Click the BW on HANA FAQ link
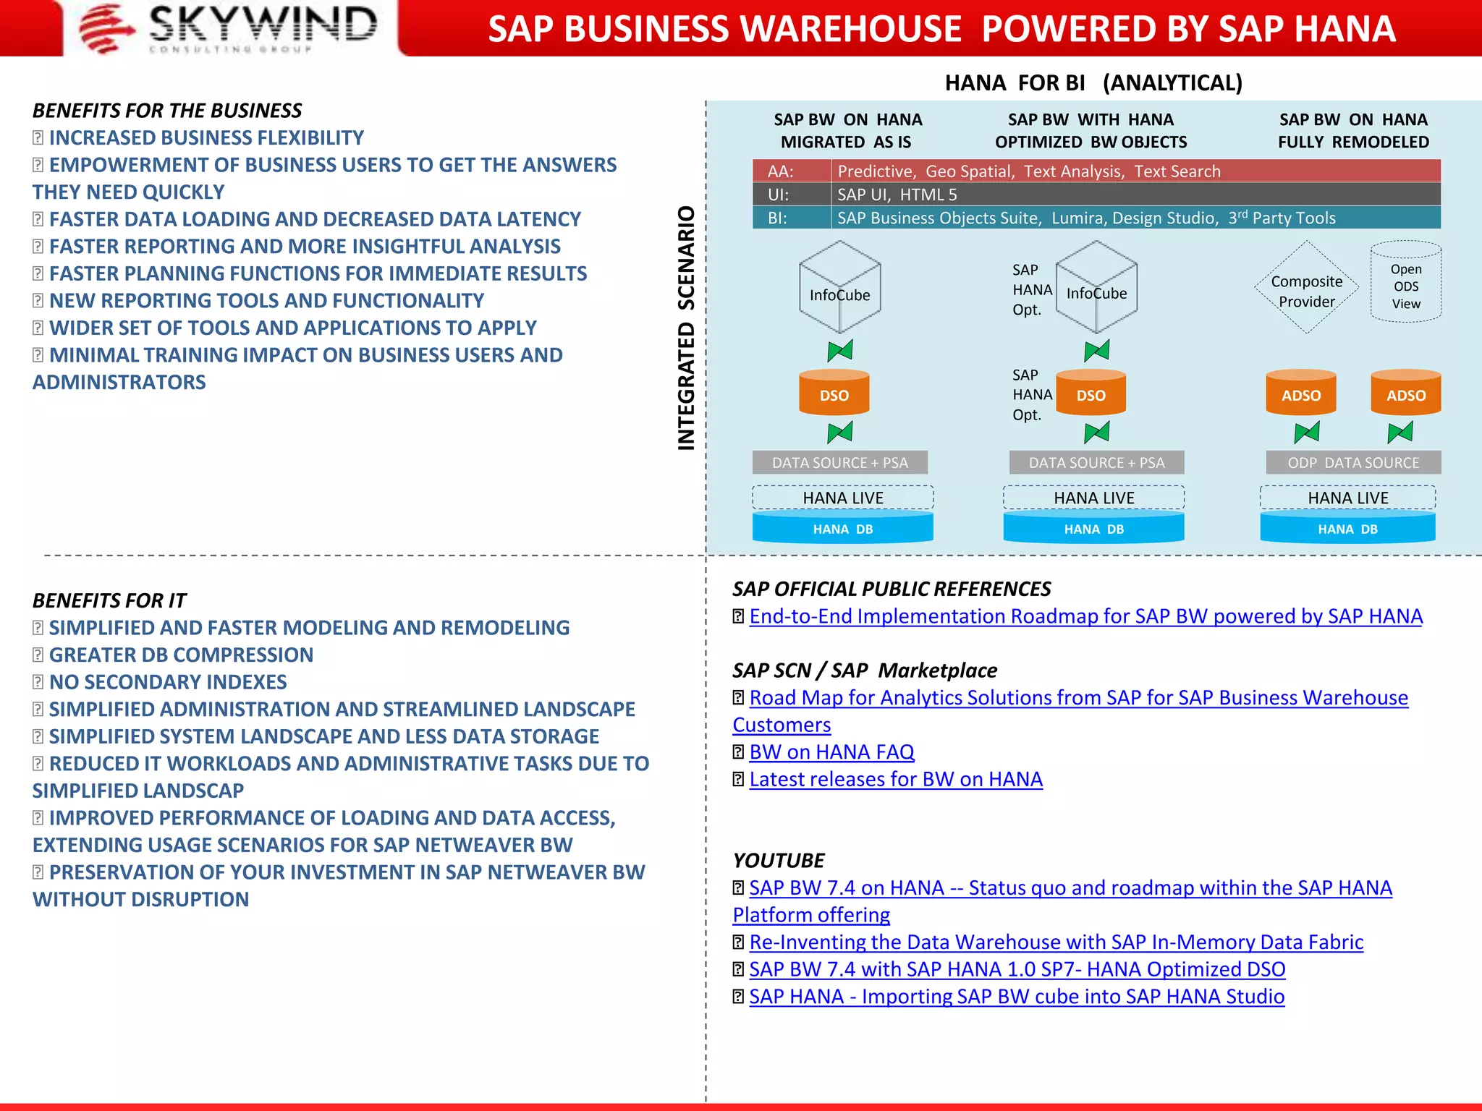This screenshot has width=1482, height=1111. tap(831, 752)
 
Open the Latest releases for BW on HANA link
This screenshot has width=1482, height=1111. tap(896, 780)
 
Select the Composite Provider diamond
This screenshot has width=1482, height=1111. tap(1306, 288)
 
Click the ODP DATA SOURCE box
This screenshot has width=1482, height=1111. tap(1353, 463)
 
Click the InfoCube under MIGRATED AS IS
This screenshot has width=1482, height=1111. tap(839, 289)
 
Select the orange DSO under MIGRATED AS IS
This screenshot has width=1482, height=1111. tap(834, 393)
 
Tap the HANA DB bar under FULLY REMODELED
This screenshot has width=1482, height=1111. tap(1347, 529)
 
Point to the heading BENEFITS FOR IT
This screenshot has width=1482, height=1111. tap(109, 600)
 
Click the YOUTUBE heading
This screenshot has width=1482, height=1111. tap(778, 861)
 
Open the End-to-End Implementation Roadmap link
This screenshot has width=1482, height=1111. tap(1085, 616)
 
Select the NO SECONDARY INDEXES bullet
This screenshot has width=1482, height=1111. tap(168, 682)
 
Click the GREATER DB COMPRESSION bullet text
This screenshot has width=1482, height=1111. tap(181, 655)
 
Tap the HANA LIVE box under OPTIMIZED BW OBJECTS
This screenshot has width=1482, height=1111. tap(1093, 498)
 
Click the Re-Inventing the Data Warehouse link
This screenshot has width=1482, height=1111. tap(1056, 942)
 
